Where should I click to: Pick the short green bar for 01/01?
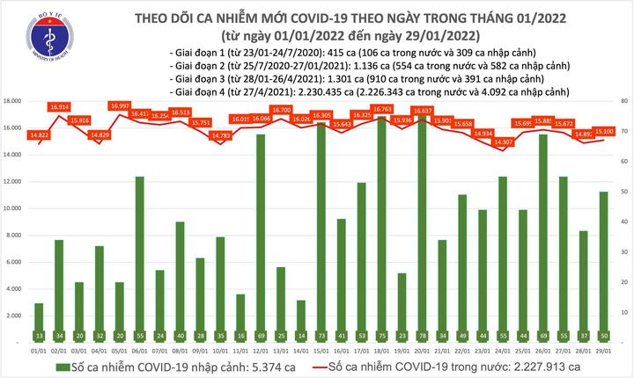coord(38,316)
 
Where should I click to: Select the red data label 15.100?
coord(603,133)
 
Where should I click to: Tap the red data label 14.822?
coord(38,134)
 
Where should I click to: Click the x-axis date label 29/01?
coord(603,351)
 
